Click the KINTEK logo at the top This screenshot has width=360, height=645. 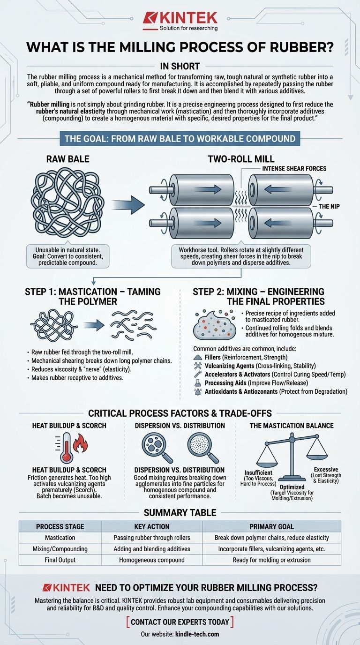180,21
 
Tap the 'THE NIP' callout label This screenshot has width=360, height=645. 329,206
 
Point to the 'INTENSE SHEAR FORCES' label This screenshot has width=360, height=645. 294,168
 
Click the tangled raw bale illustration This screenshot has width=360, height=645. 67,202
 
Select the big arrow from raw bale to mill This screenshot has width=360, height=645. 128,205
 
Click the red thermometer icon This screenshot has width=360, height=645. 67,448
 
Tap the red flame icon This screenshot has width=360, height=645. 81,443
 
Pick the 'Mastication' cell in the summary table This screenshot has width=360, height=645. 60,538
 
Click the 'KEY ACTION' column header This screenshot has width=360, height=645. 152,527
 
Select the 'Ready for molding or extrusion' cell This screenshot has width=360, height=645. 271,560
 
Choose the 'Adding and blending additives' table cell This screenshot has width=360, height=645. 152,549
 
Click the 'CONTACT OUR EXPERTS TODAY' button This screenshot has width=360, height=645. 180,622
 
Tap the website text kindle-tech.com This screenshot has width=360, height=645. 197,634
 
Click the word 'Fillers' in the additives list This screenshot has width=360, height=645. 212,357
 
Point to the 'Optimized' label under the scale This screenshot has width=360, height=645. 292,487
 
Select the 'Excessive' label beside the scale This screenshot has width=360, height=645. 326,469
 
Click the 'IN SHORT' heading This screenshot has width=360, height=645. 180,66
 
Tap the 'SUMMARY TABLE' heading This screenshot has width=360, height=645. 180,512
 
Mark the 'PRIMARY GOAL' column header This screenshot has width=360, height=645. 271,527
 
